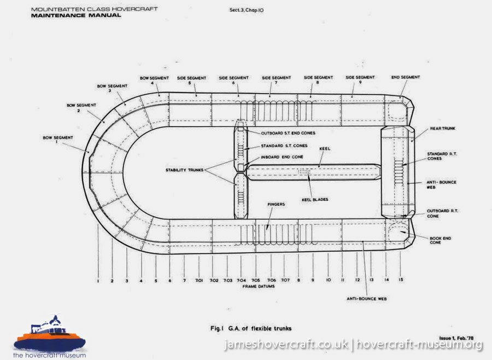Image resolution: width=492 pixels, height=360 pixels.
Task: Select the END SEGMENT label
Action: (x=406, y=77)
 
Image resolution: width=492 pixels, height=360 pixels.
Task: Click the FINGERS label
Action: (x=276, y=205)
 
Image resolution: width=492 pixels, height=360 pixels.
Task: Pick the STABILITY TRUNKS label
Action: (x=185, y=171)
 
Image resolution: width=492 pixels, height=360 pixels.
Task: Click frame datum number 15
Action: (x=401, y=280)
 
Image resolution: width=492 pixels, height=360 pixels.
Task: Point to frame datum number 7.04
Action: (x=242, y=280)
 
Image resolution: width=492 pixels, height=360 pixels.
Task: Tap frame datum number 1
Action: (x=98, y=281)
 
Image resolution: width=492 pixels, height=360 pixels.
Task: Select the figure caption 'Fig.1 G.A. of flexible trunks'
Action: (x=251, y=328)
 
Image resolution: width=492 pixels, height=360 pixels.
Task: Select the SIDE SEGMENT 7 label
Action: (x=277, y=81)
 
